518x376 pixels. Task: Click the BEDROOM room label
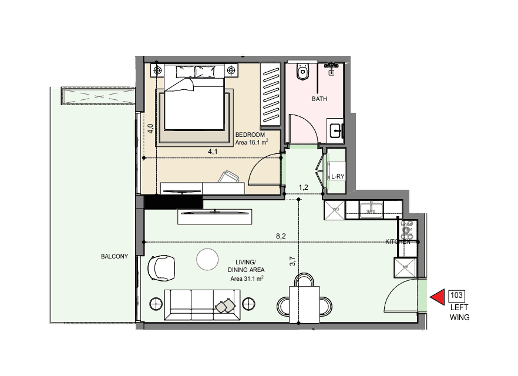pos(250,135)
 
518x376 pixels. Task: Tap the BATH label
pos(319,99)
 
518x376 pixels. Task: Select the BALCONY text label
pos(115,256)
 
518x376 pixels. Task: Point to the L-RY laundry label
pos(338,176)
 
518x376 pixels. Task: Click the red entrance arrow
pos(437,297)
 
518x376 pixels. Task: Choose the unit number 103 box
pos(456,296)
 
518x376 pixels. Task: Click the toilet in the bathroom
pos(302,71)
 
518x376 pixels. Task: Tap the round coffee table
pos(207,259)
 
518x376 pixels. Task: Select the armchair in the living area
pos(161,268)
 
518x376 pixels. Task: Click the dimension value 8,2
pos(281,236)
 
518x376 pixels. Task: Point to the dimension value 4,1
pos(213,152)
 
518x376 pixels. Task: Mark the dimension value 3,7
pos(292,261)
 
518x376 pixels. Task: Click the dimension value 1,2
pos(303,187)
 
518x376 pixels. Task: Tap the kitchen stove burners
pos(407,230)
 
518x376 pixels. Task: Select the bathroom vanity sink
pos(336,131)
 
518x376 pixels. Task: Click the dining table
pos(304,305)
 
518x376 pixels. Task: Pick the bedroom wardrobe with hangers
pos(271,95)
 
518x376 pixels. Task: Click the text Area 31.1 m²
pos(247,278)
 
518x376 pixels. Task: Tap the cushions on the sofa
pos(226,305)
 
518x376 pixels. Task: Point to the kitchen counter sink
pos(371,210)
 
